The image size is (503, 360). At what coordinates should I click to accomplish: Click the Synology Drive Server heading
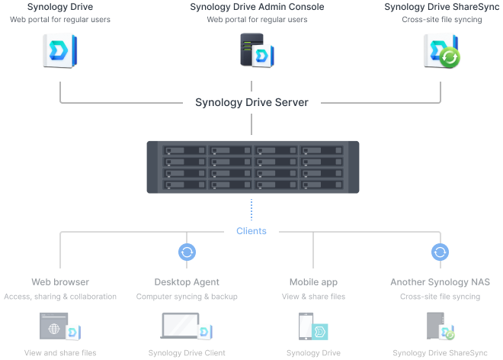(x=251, y=102)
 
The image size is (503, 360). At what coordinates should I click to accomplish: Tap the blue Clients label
(x=251, y=231)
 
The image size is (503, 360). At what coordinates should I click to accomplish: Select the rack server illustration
(x=253, y=167)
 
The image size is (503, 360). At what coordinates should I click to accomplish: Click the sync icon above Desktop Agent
(x=187, y=252)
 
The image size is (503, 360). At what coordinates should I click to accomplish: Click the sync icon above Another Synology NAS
(x=441, y=252)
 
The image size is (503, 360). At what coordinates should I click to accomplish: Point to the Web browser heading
(x=60, y=282)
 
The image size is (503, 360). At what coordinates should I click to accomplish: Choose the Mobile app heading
(x=313, y=282)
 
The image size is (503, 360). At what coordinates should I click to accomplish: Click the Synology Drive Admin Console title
(x=257, y=7)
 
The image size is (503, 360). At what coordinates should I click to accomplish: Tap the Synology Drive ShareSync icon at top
(x=442, y=51)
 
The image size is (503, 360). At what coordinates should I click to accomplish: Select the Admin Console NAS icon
(x=257, y=50)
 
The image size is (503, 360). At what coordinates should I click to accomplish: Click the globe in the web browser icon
(x=54, y=329)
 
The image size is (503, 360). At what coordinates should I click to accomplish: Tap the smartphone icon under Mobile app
(x=306, y=326)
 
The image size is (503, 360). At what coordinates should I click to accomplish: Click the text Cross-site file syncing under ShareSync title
(x=442, y=20)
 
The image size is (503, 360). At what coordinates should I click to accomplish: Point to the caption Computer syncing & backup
(x=187, y=297)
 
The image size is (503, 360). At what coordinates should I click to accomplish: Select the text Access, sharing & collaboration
(x=60, y=297)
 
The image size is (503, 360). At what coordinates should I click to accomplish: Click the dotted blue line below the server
(x=251, y=210)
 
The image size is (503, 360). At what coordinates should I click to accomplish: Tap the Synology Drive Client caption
(x=187, y=353)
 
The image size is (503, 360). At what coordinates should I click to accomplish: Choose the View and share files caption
(x=60, y=353)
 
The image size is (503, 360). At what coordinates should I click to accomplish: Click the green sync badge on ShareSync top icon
(x=450, y=58)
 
